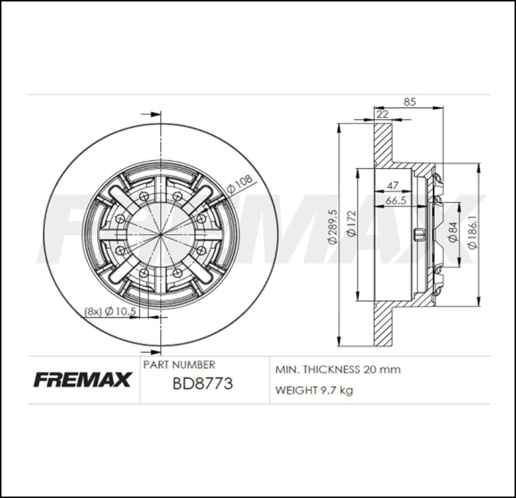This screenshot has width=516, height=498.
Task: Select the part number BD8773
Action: point(202,384)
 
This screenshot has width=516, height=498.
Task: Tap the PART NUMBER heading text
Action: point(179,365)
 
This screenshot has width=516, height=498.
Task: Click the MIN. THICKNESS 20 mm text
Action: point(337,370)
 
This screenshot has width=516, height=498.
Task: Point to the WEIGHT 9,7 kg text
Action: point(313,390)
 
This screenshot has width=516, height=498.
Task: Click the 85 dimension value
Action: point(409,102)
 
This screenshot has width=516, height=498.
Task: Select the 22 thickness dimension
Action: point(382,114)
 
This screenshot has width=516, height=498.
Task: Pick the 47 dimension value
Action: point(393,185)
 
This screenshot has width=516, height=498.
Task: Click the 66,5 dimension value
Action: point(396,200)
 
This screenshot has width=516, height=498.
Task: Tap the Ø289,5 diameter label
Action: point(332,227)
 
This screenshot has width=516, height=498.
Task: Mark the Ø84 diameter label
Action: point(453,231)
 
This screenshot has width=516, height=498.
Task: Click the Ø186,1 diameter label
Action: point(472,232)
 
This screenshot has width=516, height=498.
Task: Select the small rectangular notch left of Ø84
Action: point(417,234)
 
